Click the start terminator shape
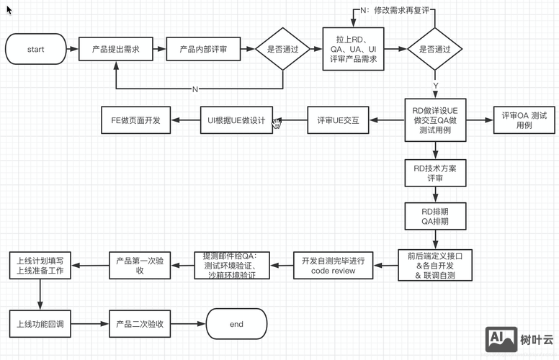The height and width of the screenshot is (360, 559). [x=35, y=50]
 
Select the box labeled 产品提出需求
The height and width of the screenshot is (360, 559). [x=115, y=50]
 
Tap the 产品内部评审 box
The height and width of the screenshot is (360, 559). [x=204, y=50]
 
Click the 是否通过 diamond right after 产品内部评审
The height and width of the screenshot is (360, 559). [x=283, y=50]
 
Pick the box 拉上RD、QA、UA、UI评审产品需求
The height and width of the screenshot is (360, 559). [x=353, y=50]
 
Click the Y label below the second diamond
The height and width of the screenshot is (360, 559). [x=435, y=86]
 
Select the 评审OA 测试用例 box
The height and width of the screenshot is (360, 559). [x=524, y=120]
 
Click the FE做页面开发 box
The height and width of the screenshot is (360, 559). [x=135, y=120]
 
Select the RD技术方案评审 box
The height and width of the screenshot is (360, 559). [x=435, y=173]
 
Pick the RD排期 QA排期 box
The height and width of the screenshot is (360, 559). [x=435, y=217]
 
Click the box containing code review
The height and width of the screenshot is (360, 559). [x=333, y=266]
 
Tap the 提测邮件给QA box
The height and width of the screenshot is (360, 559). [x=231, y=266]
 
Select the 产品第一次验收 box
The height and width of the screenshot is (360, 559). [x=139, y=266]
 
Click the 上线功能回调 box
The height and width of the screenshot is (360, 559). [x=40, y=324]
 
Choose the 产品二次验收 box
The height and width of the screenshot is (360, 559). [x=139, y=324]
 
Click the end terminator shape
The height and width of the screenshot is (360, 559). [x=236, y=324]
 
